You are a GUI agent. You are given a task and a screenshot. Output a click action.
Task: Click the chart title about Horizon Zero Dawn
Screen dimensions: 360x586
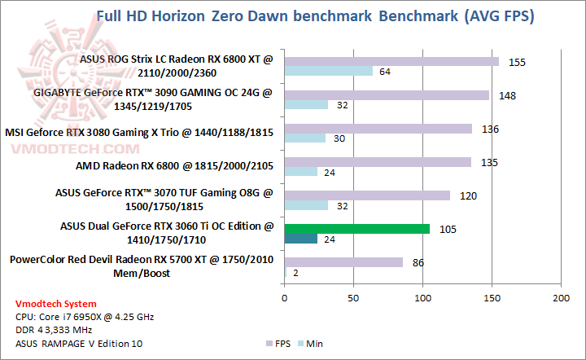click(x=316, y=16)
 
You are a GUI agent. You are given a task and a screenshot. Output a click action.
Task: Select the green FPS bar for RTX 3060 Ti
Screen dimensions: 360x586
click(x=356, y=229)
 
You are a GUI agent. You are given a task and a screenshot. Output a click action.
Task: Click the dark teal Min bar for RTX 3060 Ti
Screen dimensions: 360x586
click(x=300, y=239)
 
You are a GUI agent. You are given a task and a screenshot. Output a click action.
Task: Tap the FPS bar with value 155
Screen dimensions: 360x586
click(x=391, y=61)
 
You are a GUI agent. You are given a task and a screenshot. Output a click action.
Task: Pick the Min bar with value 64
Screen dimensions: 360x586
click(x=328, y=71)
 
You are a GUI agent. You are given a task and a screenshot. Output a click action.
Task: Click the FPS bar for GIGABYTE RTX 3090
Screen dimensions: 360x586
click(x=386, y=95)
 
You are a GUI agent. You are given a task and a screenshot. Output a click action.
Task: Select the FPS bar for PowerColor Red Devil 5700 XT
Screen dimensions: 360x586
click(x=343, y=262)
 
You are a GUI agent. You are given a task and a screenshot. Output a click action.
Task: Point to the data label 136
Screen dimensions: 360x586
click(x=490, y=129)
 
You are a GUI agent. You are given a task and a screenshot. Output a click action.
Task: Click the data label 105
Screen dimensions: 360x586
click(x=447, y=229)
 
